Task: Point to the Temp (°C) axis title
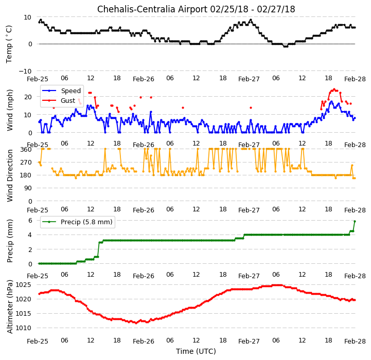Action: coord(9,44)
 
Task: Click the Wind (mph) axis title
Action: coord(10,110)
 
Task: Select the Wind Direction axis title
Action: coord(10,175)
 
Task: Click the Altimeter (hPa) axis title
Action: coord(10,307)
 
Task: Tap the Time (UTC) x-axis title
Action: coord(196,351)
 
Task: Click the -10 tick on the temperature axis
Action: coord(25,71)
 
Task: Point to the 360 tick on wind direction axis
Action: coord(26,149)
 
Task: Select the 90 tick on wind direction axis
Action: coord(28,188)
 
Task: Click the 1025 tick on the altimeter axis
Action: coord(24,284)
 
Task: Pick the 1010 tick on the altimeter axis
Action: coord(24,328)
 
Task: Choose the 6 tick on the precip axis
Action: coord(30,221)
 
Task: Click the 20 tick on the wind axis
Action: coord(28,97)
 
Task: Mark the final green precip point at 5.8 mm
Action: coord(355,221)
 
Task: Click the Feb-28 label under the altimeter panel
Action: coord(355,341)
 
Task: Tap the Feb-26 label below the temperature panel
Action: coord(144,79)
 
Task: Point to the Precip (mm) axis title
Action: coord(10,241)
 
